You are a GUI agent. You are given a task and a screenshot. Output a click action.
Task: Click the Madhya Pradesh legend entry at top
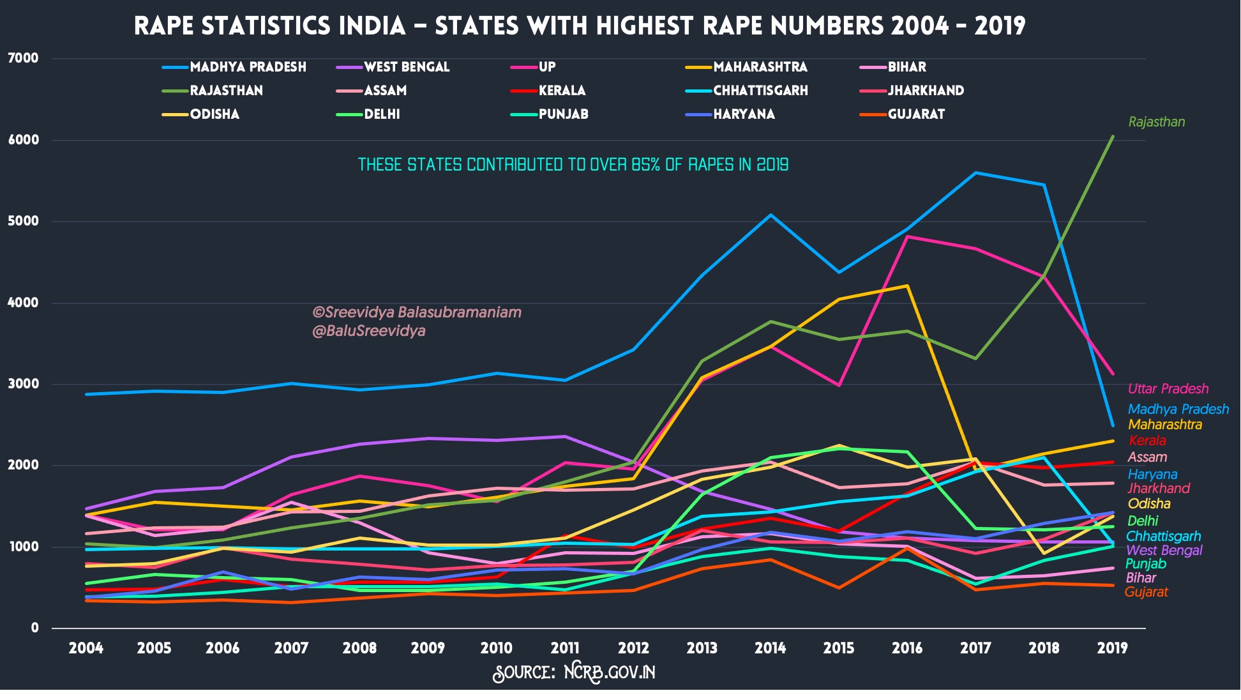coord(248,67)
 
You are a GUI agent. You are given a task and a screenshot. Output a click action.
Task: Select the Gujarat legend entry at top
coord(916,114)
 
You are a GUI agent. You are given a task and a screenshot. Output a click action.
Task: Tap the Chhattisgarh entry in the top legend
coord(760,91)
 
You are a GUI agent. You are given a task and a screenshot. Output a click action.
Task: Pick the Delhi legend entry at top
coord(382,114)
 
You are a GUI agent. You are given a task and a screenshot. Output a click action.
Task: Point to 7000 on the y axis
coord(23,59)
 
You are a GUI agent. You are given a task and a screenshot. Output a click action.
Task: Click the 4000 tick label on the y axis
coord(23,303)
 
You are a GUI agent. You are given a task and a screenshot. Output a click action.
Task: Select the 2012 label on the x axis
coord(633,648)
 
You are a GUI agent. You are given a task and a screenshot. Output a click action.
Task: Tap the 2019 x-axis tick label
coord(1112,648)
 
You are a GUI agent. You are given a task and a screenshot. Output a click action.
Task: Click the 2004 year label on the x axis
coord(86,648)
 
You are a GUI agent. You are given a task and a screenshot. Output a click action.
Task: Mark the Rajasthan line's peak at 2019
coord(1113,137)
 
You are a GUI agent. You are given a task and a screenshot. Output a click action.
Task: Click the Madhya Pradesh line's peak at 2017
coord(975,173)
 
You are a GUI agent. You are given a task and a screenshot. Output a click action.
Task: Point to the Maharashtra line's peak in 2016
coord(907,286)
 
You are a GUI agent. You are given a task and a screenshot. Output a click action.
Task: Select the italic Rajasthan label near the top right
coord(1156,122)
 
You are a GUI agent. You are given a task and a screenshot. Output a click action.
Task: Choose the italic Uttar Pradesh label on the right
coord(1168,389)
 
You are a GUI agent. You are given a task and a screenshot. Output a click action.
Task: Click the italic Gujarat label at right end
coord(1146,592)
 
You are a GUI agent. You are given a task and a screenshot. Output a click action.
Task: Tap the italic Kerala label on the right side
coord(1147,441)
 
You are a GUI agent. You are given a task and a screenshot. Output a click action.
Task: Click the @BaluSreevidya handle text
coord(368,331)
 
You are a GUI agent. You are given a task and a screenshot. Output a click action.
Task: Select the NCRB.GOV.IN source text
coord(609,673)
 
